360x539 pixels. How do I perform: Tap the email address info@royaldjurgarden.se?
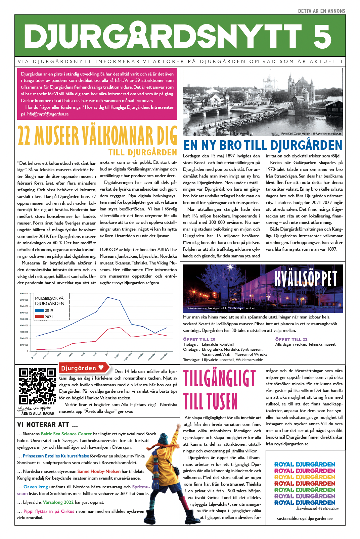(47, 114)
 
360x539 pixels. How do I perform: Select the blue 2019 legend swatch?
(39, 310)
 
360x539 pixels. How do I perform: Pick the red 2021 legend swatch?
(39, 316)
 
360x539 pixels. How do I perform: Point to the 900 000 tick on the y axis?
(24, 294)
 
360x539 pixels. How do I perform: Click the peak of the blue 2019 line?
(107, 297)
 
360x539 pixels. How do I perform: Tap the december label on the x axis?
(164, 356)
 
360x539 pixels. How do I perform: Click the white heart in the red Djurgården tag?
(101, 367)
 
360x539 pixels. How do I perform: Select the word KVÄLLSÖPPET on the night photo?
(305, 279)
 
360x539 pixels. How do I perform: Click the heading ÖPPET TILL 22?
(291, 339)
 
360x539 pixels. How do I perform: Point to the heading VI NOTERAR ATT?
(47, 425)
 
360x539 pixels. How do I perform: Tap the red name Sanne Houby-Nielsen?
(99, 471)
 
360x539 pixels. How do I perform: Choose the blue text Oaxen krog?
(36, 487)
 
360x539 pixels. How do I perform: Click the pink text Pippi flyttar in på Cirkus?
(49, 511)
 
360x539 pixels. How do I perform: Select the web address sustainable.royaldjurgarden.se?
(305, 518)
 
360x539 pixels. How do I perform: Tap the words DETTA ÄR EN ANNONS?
(321, 11)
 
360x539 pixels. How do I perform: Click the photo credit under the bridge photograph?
(311, 134)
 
